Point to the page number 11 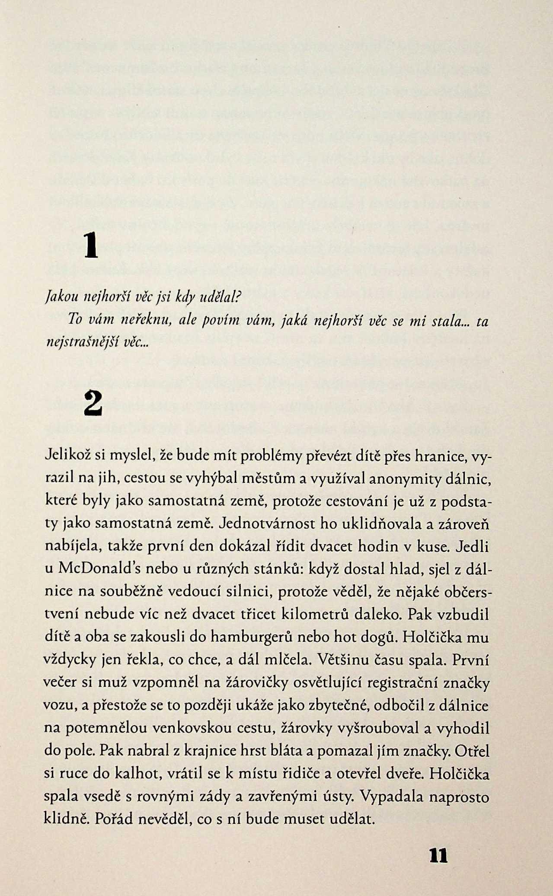(438, 855)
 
